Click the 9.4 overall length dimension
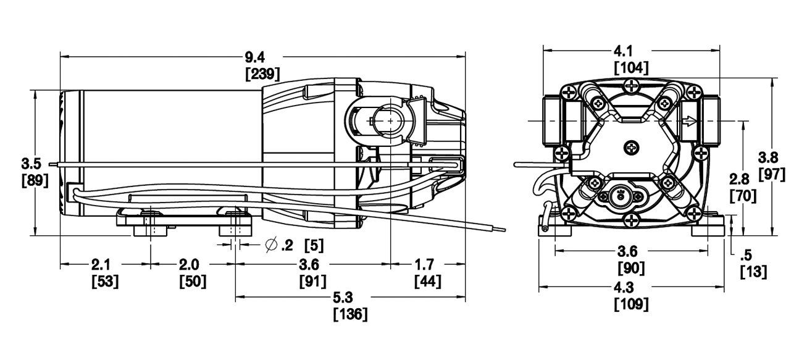pos(254,57)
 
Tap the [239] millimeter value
pos(262,74)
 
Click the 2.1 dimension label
pos(101,265)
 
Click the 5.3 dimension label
pos(350,298)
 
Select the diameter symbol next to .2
pos(270,245)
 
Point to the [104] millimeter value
pos(631,67)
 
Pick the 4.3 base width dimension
pos(631,288)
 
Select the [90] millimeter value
pos(632,269)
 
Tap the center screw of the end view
pos(631,148)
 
